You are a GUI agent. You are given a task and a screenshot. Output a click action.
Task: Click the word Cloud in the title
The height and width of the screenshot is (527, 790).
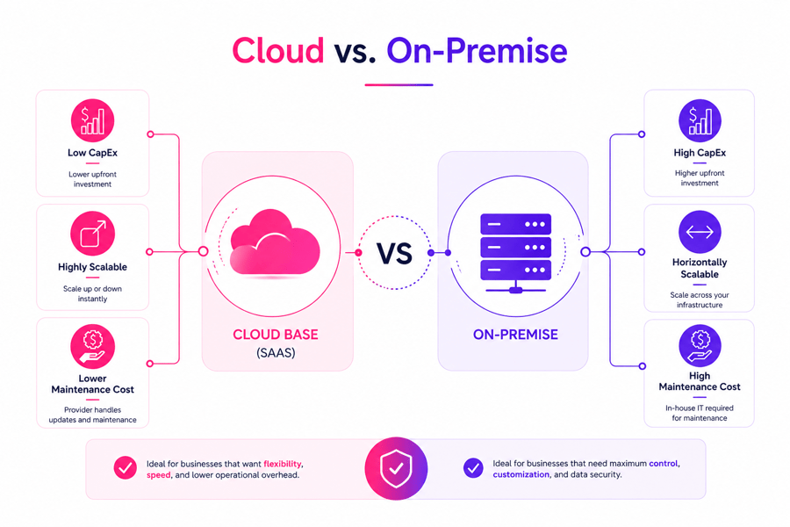(277, 51)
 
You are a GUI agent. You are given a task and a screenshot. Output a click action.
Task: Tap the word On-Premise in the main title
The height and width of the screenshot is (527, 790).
(477, 51)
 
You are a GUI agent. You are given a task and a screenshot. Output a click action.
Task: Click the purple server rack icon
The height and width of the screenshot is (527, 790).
(515, 249)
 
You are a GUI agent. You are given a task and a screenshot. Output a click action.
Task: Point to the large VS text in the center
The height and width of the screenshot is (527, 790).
(394, 253)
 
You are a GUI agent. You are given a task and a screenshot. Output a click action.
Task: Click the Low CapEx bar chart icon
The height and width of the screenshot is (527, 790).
(92, 120)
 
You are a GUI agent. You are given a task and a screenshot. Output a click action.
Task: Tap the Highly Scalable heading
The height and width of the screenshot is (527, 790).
(92, 267)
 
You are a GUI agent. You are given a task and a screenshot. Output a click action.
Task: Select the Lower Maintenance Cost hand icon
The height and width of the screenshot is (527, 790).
(92, 346)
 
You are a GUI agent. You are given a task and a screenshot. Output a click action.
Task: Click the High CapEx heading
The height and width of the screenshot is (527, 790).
(700, 153)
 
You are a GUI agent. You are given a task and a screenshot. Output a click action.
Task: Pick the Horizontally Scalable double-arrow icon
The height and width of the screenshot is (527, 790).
(700, 233)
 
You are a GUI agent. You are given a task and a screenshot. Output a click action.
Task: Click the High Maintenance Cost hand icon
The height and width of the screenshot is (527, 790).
(700, 346)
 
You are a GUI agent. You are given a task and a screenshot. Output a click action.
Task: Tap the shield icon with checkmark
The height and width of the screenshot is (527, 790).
(396, 469)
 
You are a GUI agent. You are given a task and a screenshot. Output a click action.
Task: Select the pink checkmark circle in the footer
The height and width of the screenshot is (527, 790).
(126, 468)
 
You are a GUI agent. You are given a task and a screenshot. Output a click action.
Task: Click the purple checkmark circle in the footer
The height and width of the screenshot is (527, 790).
(473, 468)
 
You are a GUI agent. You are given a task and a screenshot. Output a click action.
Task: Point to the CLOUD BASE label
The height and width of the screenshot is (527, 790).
(276, 335)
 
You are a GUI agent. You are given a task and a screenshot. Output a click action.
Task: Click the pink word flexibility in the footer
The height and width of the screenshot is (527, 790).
(283, 463)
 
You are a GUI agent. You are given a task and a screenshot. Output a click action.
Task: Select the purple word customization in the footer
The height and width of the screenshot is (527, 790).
(521, 474)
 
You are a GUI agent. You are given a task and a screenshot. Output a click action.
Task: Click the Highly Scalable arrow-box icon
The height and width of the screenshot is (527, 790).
(92, 235)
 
